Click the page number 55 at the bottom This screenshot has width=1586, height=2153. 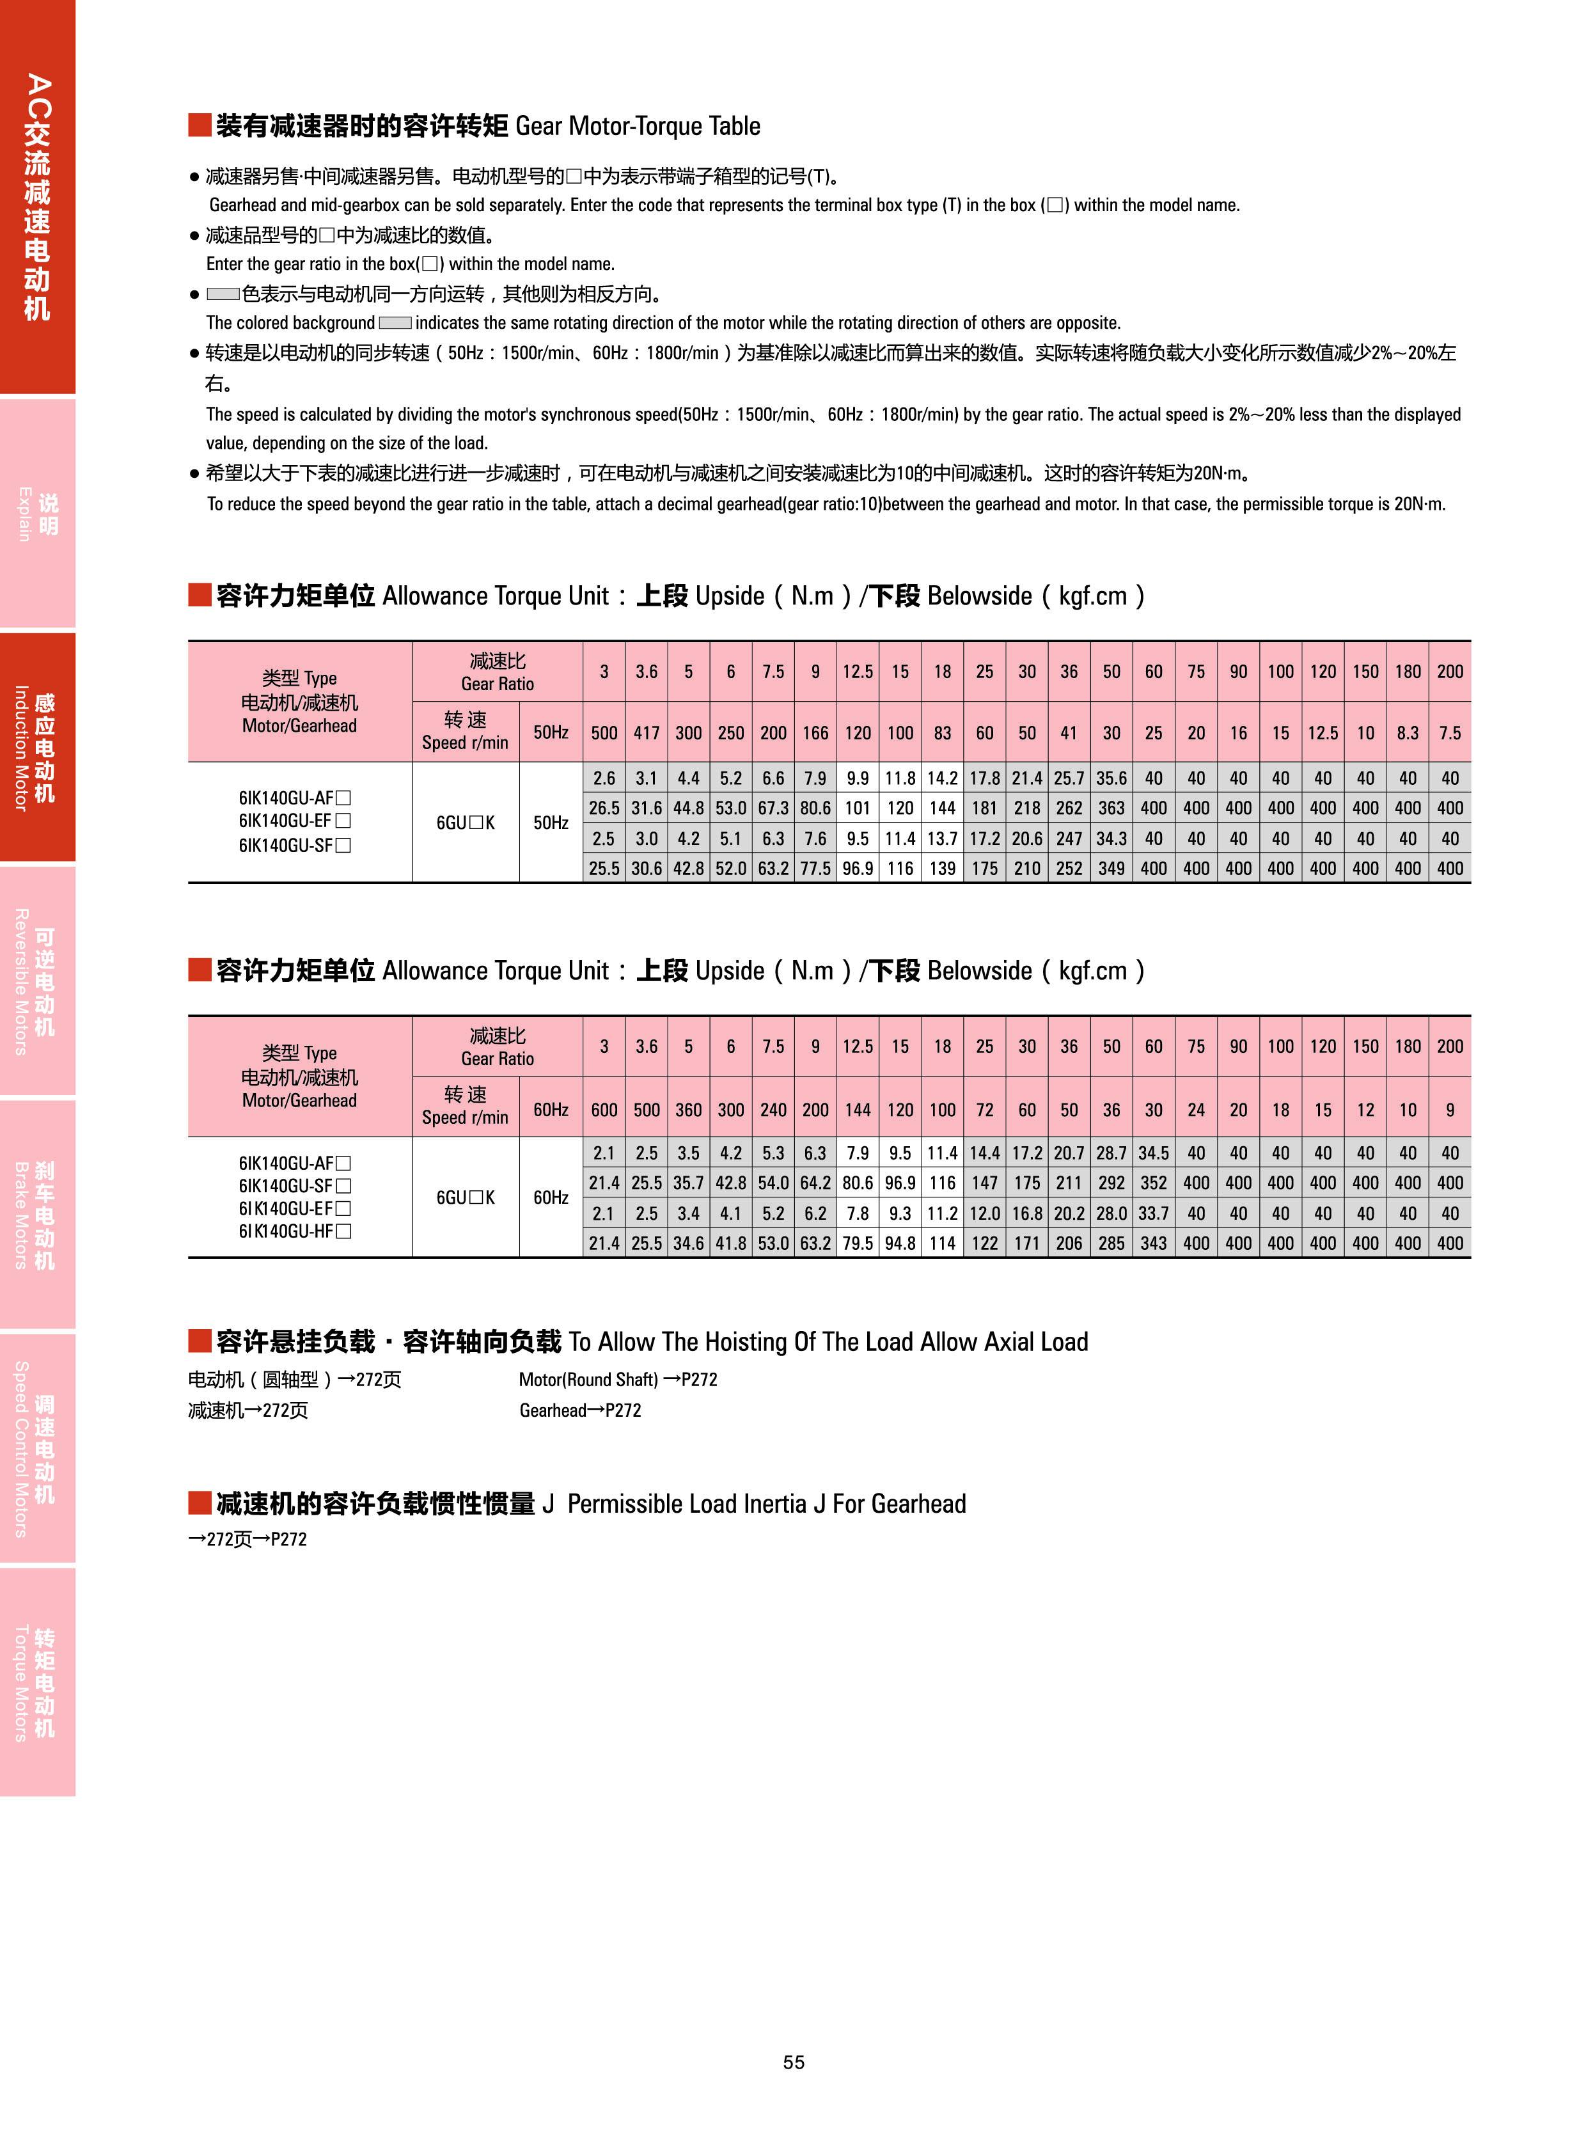[x=793, y=2062]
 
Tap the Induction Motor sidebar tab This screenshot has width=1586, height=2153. [x=36, y=746]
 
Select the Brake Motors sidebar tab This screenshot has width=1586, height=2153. [x=36, y=1214]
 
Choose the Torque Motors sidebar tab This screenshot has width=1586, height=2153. [x=36, y=1682]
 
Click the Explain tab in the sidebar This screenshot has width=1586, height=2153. [x=36, y=514]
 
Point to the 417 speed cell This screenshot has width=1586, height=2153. [x=646, y=733]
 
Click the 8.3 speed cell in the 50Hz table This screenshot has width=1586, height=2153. [x=1408, y=733]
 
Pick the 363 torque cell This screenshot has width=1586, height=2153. [x=1111, y=808]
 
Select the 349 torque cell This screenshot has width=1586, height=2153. [x=1111, y=868]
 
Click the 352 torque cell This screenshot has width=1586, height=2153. [x=1153, y=1183]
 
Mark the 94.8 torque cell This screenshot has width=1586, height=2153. [x=900, y=1243]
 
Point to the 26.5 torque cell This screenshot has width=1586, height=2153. [x=604, y=808]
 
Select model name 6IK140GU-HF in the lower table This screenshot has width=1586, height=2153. [x=295, y=1231]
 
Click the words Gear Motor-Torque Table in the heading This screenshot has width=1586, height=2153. [x=638, y=126]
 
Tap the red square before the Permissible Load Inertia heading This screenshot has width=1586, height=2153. [x=199, y=1503]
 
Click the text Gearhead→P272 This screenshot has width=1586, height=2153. [x=580, y=1410]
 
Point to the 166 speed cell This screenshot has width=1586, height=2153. [x=815, y=733]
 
